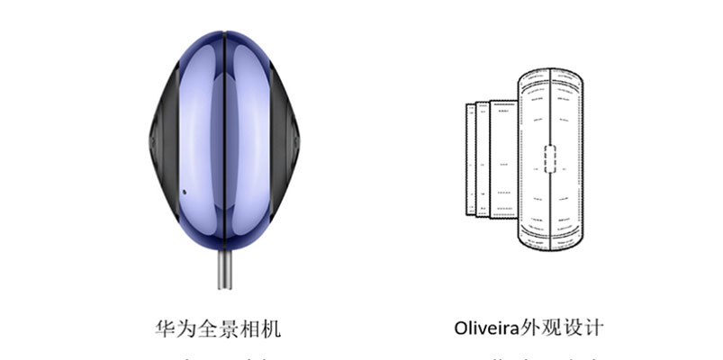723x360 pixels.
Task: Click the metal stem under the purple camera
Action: click(222, 269)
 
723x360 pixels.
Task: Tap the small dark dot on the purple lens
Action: click(184, 191)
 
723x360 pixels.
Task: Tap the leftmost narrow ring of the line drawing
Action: click(470, 160)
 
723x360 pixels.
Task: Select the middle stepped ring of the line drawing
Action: click(483, 159)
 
